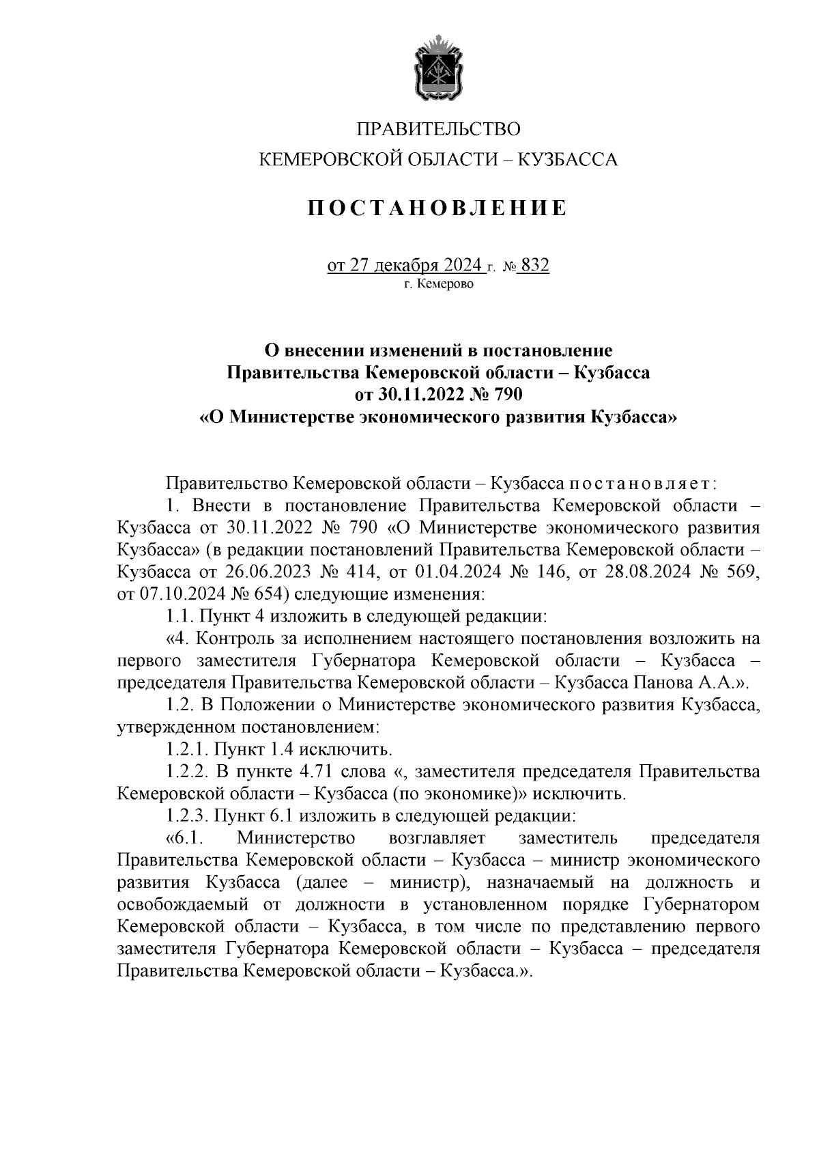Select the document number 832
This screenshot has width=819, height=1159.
click(534, 266)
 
